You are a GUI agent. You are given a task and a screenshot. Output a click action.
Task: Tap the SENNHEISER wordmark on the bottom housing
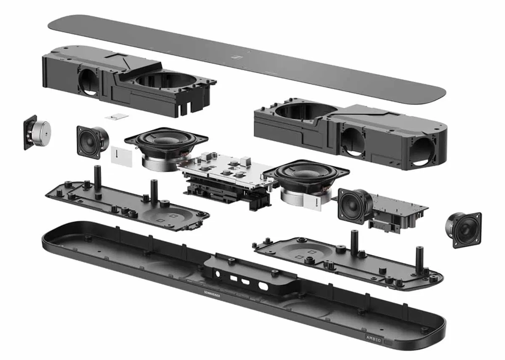[212, 294]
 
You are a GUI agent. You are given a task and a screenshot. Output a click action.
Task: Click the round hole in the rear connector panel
[218, 274]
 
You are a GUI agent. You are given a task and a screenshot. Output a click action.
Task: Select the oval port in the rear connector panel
[263, 286]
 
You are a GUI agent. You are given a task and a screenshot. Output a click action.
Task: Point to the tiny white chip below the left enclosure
[117, 117]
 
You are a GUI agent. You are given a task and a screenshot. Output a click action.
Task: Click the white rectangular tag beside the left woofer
[121, 156]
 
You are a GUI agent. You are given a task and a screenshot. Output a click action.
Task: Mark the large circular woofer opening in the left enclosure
[166, 82]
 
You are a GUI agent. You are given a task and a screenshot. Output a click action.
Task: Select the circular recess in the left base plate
[168, 217]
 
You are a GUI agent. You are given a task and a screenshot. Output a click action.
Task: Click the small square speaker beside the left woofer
[93, 142]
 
